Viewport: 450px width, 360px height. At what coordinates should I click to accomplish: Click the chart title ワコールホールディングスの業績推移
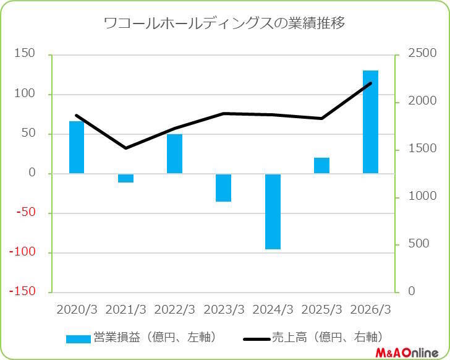point(224,24)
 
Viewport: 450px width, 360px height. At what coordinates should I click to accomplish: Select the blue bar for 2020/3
point(77,147)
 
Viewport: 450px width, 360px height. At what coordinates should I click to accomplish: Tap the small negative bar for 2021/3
point(125,178)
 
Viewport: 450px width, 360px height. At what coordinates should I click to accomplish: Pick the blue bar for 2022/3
point(174,153)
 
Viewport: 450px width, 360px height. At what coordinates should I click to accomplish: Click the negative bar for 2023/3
point(223,187)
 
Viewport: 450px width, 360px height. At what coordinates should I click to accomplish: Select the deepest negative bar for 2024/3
point(273,212)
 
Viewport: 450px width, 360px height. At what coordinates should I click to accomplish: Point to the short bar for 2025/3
point(321,166)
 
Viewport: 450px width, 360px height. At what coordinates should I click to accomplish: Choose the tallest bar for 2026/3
point(370,122)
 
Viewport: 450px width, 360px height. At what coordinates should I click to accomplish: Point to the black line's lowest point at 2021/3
point(125,148)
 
